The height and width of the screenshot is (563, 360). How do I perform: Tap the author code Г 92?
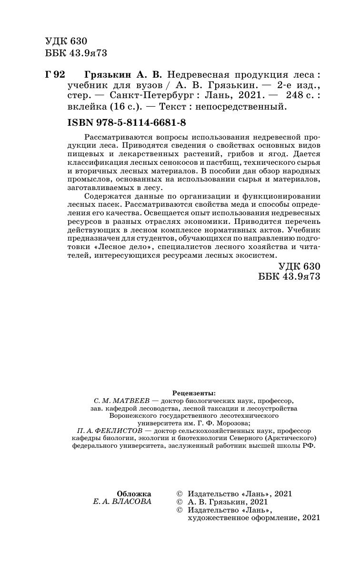click(54, 75)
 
